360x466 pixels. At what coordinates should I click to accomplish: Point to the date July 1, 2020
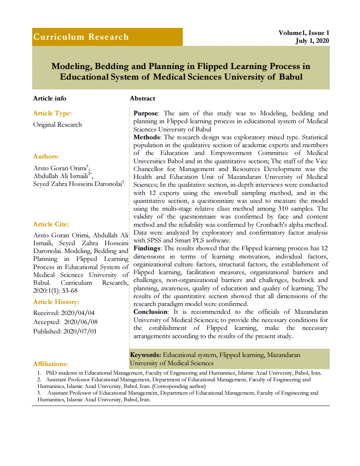pyautogui.click(x=312, y=41)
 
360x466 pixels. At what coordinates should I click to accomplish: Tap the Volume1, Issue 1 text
pyautogui.click(x=304, y=33)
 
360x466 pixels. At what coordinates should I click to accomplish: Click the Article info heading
pyautogui.click(x=50, y=98)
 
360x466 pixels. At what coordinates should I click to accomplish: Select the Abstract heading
pyautogui.click(x=142, y=98)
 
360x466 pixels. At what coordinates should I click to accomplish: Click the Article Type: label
pyautogui.click(x=53, y=113)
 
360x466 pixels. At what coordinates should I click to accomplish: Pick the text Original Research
pyautogui.click(x=58, y=125)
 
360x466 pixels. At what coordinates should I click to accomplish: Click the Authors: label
pyautogui.click(x=46, y=157)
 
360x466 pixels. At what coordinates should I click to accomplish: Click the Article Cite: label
pyautogui.click(x=51, y=224)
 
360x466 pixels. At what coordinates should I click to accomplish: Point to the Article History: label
pyautogui.click(x=56, y=302)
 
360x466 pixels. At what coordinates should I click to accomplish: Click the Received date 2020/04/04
pyautogui.click(x=78, y=313)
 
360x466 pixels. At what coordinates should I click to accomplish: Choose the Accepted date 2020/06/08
pyautogui.click(x=81, y=322)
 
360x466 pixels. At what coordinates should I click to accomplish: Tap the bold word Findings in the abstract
pyautogui.click(x=147, y=248)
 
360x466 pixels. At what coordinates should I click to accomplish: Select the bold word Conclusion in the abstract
pyautogui.click(x=150, y=312)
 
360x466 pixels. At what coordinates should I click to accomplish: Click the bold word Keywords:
pyautogui.click(x=145, y=355)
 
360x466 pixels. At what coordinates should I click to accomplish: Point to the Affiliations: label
pyautogui.click(x=51, y=364)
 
